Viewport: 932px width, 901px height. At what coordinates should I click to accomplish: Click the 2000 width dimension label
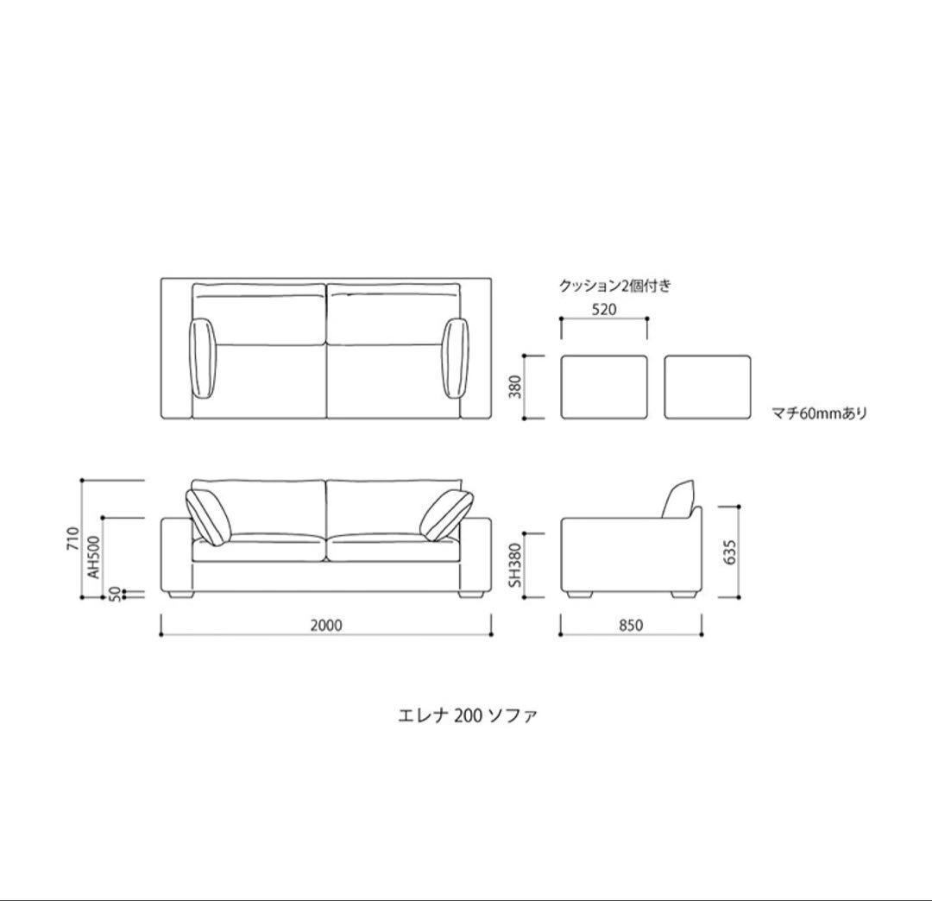(326, 625)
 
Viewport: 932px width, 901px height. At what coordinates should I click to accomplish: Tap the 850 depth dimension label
(631, 625)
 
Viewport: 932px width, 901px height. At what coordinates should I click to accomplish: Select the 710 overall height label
(72, 538)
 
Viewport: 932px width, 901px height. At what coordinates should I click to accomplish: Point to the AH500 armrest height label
(94, 557)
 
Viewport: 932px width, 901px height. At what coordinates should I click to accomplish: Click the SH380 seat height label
(515, 564)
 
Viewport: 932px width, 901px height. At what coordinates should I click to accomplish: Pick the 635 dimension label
(731, 552)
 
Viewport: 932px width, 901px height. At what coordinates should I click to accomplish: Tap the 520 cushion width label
(604, 309)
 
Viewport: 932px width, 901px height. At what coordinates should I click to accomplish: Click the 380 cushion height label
(515, 387)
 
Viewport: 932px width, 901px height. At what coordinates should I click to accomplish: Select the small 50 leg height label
(116, 594)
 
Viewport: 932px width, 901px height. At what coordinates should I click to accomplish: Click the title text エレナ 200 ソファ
(467, 715)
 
